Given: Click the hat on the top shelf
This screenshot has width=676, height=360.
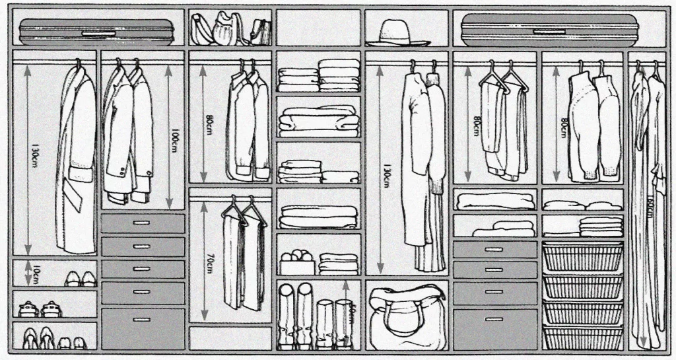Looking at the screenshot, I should [397, 33].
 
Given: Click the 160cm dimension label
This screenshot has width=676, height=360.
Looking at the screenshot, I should [650, 209].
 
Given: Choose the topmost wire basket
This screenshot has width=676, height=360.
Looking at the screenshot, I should [582, 256].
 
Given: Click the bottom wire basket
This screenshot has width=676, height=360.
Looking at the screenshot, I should [582, 338].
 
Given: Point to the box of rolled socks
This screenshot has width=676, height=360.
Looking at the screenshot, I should [296, 262].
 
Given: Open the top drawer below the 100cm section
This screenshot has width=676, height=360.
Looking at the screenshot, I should [142, 223].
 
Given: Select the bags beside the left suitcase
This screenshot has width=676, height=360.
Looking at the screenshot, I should [229, 29].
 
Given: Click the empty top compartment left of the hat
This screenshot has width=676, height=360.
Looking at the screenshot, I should [318, 28].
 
